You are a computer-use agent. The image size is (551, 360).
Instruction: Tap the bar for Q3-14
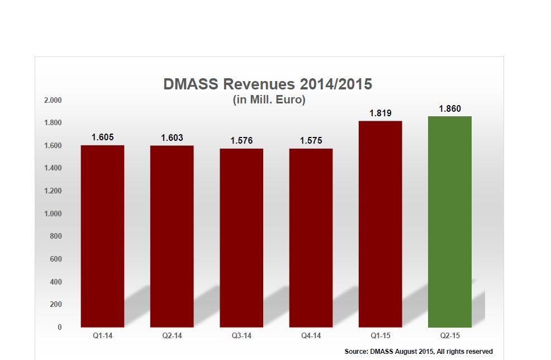pos(241,238)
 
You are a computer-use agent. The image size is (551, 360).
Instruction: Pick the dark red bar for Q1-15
pos(380,224)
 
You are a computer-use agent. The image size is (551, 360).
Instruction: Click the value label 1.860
pos(450,109)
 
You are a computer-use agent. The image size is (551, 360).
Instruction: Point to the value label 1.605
pos(103,138)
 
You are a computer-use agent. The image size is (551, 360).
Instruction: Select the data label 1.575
pos(311,141)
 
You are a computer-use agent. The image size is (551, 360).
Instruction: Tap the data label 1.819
pos(380,113)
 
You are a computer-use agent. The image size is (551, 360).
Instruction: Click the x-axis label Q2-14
pos(172,337)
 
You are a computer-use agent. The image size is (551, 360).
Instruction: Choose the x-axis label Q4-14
pos(311,337)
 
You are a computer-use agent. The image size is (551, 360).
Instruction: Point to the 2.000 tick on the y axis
pos(53,100)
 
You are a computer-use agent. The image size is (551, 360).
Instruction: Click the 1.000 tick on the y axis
pos(53,214)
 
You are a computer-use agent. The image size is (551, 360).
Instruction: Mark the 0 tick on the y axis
pos(59,327)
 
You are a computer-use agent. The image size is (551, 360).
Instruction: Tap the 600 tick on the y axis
pos(55,259)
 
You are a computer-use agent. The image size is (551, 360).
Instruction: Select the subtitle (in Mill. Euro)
pos(268,100)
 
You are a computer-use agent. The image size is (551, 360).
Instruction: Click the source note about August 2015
pos(419,351)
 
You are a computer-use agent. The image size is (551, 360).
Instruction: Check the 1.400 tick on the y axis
pos(53,168)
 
